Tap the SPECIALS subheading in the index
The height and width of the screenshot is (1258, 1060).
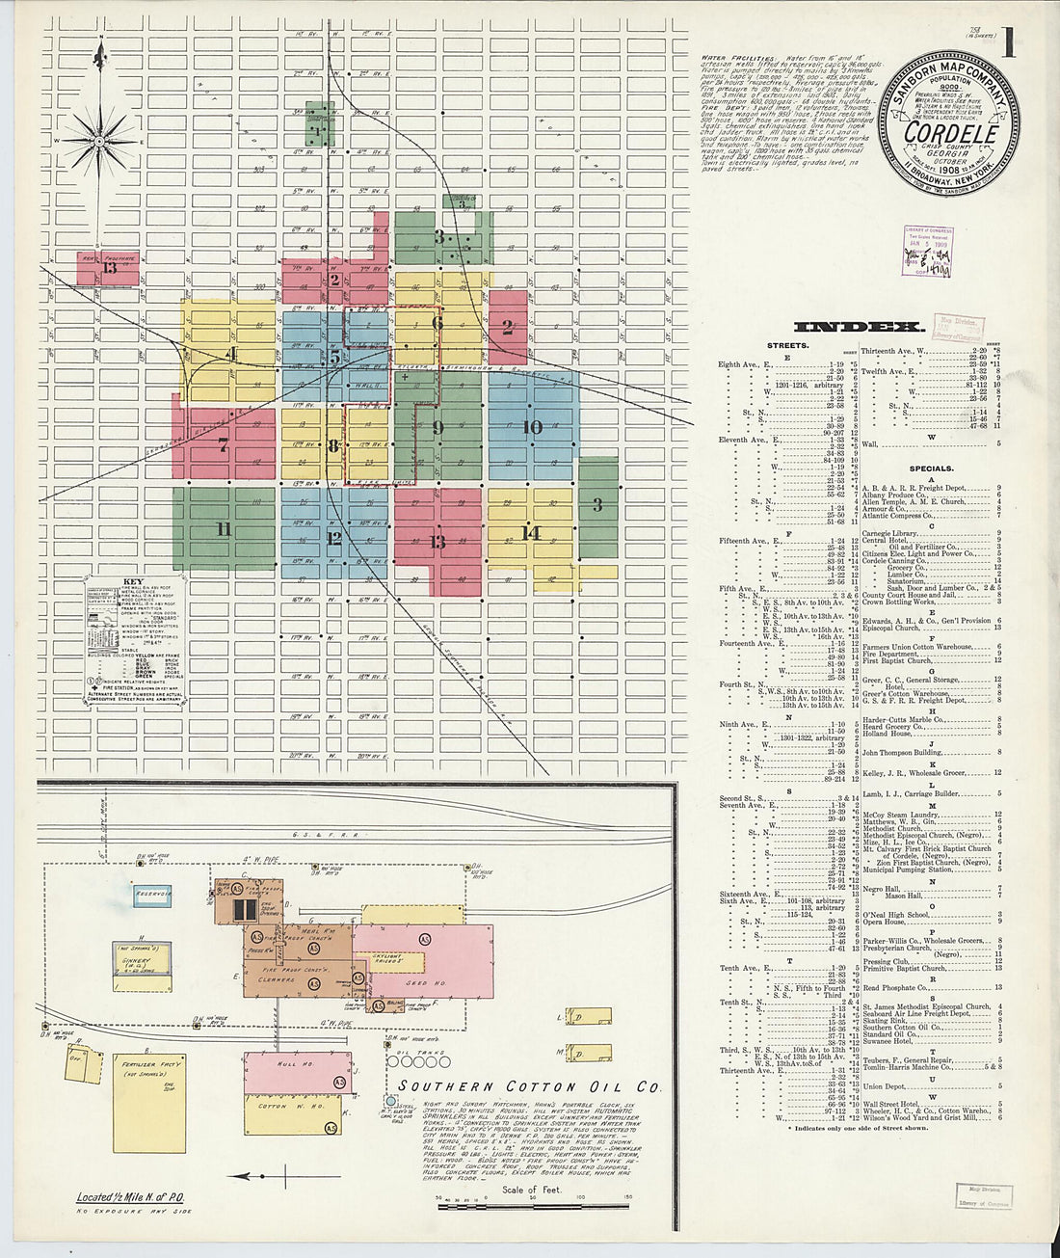click(931, 468)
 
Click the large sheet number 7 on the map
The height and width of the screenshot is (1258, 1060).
click(223, 445)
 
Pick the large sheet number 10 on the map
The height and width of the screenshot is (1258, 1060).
click(532, 427)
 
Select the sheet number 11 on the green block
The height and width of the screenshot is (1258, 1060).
click(224, 528)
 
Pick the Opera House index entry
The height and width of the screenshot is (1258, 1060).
click(884, 922)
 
